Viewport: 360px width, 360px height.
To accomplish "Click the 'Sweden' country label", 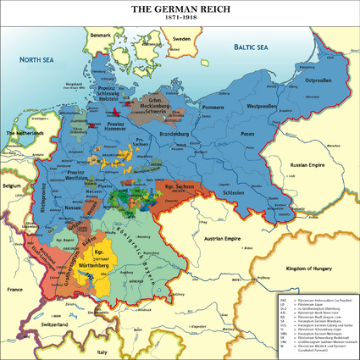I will click(x=181, y=39).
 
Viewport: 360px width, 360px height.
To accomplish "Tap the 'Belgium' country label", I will click(x=11, y=184).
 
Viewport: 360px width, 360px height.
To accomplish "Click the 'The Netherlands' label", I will click(x=26, y=134).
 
